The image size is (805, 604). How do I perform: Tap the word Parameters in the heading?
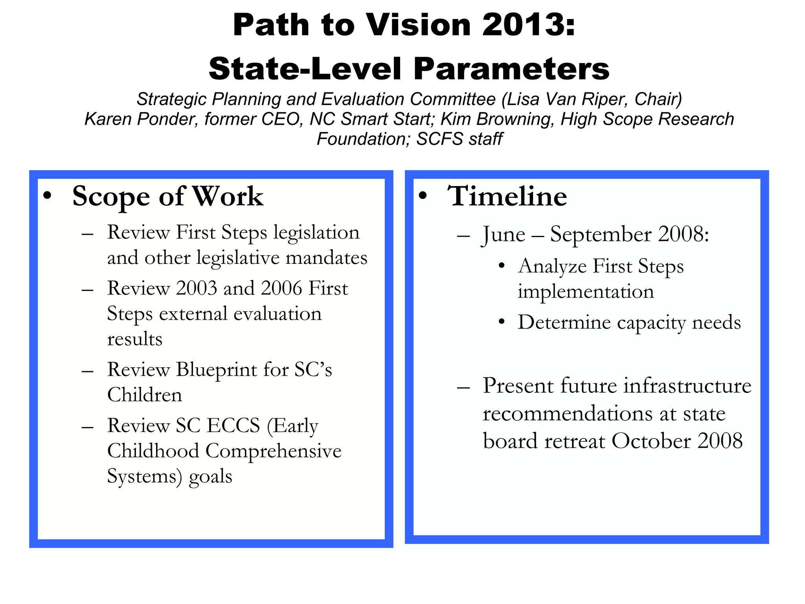[511, 69]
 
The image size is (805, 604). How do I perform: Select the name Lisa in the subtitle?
[518, 99]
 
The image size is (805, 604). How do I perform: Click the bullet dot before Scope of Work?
[48, 196]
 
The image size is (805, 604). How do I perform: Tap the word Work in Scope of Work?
[228, 196]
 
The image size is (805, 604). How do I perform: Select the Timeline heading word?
[507, 196]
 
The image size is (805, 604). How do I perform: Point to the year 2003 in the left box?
[197, 288]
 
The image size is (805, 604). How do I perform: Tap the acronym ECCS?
[233, 425]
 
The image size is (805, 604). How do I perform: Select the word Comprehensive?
[273, 451]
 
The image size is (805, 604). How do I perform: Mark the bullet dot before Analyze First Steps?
[501, 266]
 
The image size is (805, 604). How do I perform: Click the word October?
[651, 441]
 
